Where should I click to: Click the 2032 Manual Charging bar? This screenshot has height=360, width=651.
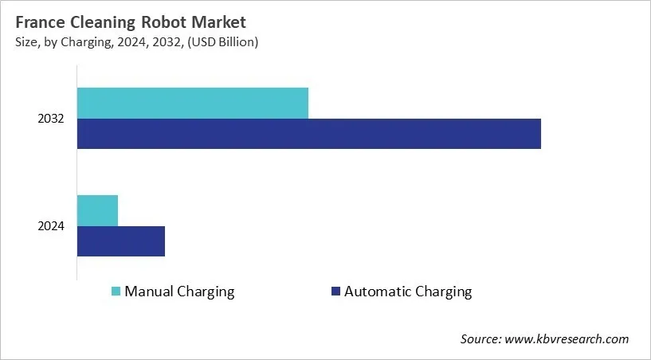[x=193, y=104]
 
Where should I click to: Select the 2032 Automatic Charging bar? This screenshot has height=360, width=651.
[x=309, y=134]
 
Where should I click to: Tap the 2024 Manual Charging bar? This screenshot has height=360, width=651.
[x=97, y=210]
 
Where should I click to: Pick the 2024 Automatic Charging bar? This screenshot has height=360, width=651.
[x=121, y=241]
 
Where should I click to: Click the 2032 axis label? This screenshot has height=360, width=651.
[x=51, y=119]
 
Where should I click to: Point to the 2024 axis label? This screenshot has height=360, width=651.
[x=51, y=226]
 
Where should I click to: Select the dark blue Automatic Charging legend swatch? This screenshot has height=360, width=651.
[x=335, y=292]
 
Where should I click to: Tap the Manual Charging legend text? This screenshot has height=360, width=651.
[x=179, y=292]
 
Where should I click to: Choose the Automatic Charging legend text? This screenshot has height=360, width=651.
[x=408, y=292]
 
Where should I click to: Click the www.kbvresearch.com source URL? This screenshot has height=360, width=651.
[x=567, y=339]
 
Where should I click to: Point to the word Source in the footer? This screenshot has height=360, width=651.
[x=480, y=339]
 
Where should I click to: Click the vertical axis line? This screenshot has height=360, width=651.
[x=76, y=183]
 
